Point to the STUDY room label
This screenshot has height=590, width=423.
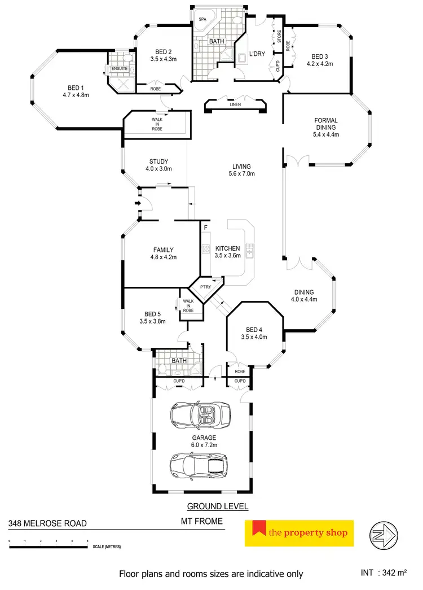coord(158,161)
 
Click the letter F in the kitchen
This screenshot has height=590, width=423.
coord(206,227)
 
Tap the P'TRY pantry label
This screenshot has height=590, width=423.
coord(205,287)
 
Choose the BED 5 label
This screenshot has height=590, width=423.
coord(152,314)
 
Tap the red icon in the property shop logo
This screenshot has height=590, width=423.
coord(259,529)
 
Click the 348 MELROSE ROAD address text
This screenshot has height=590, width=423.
coord(47,523)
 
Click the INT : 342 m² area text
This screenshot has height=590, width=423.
coord(384,573)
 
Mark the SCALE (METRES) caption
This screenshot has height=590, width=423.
coord(105,547)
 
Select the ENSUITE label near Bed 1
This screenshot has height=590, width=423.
coord(119,69)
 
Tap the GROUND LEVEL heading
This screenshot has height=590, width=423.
coord(218,506)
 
